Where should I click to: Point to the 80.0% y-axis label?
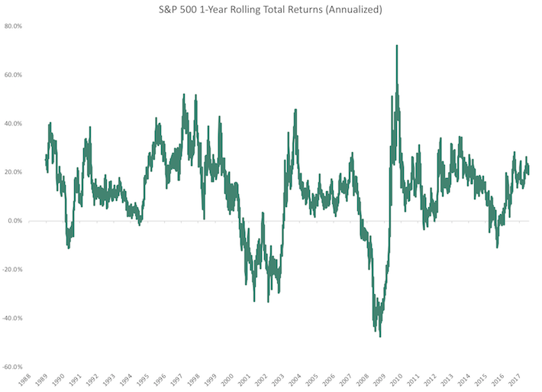tap(14, 26)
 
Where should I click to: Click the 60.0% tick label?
tap(14, 75)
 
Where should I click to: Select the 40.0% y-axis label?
tap(14, 124)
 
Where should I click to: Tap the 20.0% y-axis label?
tap(14, 172)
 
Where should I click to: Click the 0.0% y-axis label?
tap(15, 221)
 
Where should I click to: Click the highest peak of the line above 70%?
tap(397, 46)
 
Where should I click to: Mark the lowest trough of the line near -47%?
tap(379, 336)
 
